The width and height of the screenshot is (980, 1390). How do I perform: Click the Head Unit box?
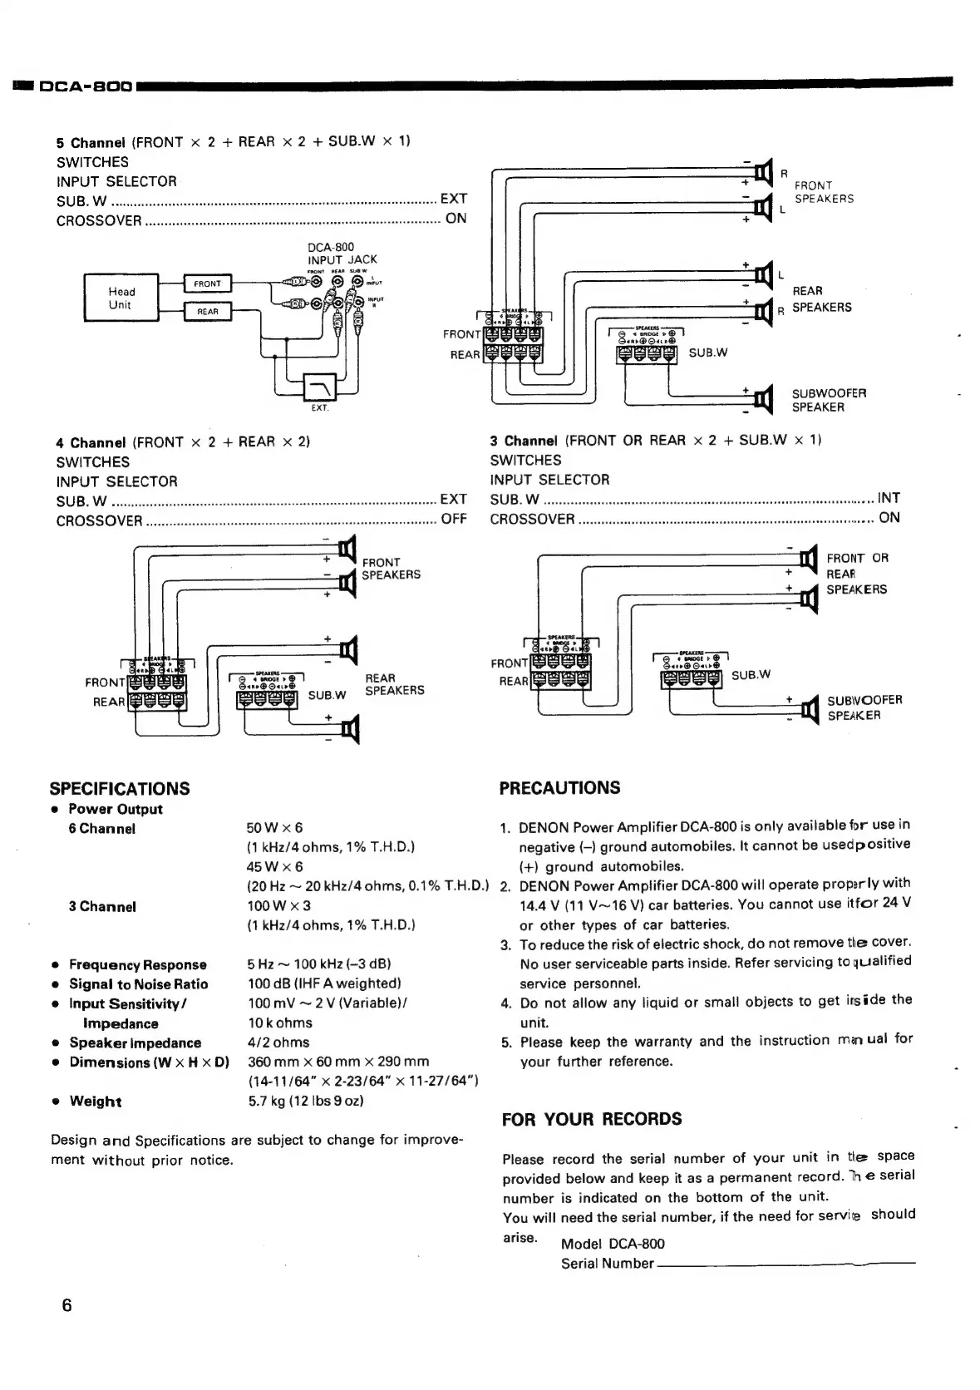[121, 298]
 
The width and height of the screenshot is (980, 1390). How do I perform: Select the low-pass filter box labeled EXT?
[320, 387]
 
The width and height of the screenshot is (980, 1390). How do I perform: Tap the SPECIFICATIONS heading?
[120, 788]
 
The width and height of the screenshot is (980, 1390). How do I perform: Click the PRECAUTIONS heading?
[559, 787]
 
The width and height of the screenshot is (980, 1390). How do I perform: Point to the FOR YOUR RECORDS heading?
[591, 1119]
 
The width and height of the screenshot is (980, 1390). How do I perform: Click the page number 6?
[67, 1304]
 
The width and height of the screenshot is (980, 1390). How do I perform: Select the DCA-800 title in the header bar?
[86, 86]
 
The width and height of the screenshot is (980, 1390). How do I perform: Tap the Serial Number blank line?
[785, 1264]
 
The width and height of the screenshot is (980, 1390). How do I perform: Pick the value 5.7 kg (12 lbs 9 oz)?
[305, 1101]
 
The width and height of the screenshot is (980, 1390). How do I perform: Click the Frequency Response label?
[137, 964]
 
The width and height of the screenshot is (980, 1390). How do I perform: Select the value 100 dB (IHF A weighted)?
[324, 983]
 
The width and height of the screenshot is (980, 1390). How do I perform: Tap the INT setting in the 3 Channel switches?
[889, 498]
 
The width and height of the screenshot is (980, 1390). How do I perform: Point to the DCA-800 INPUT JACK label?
[342, 254]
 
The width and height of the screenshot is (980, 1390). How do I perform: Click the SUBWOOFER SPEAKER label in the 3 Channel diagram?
[864, 707]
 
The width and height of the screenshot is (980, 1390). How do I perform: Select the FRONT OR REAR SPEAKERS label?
[856, 574]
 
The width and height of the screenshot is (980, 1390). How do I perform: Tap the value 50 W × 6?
[274, 828]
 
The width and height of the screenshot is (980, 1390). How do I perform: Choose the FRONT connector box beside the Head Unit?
[207, 284]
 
